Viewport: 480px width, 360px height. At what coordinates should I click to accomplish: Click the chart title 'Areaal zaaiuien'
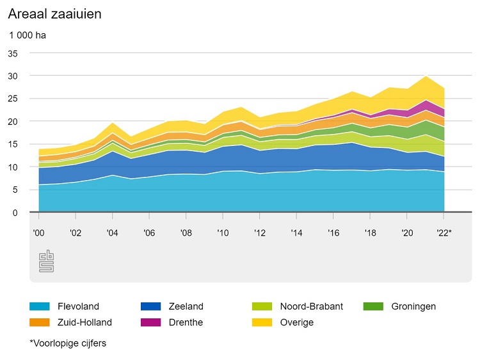coord(54,13)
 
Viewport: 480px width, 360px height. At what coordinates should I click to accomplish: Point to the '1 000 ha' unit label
coord(28,35)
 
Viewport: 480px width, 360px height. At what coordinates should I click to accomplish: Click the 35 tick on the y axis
coord(13,53)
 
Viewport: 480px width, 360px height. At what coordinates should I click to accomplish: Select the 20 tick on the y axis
coord(13,121)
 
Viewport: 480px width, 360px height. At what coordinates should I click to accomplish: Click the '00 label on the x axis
coord(38,233)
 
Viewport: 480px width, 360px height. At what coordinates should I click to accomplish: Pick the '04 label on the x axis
coord(112,233)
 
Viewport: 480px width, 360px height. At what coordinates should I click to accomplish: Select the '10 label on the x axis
coord(223,233)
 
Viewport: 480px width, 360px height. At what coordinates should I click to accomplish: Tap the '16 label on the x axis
coord(333,233)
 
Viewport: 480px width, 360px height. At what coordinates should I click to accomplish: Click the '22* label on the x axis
coord(445,233)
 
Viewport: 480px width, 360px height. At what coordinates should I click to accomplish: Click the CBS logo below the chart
coord(47,261)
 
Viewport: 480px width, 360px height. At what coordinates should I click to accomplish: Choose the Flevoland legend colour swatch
coord(39,306)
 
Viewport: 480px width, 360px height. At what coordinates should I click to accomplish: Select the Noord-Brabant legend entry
coord(311,306)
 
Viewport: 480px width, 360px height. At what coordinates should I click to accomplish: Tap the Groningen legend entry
coord(413,306)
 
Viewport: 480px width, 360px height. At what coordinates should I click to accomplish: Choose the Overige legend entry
coord(297,322)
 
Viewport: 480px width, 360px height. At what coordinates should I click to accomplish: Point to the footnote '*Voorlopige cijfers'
coord(68,343)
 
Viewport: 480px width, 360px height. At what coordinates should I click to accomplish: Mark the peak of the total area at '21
coord(426,76)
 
